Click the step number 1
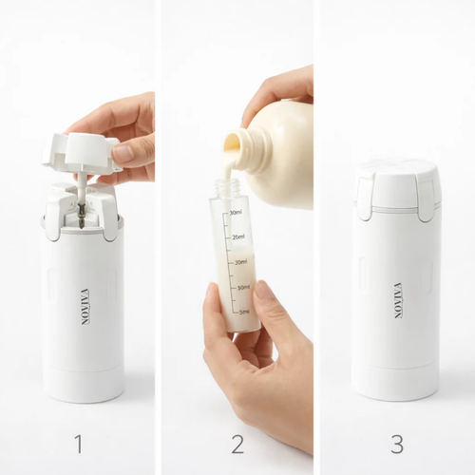(x=79, y=443)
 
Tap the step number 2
(x=237, y=443)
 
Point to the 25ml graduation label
(x=239, y=237)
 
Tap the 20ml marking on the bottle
(x=241, y=262)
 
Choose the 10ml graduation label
(x=243, y=287)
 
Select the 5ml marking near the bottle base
(x=244, y=311)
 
